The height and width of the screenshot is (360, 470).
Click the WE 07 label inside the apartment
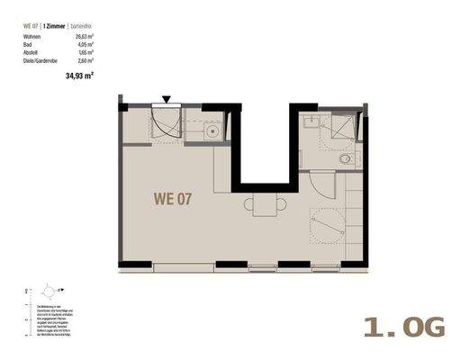coord(171,198)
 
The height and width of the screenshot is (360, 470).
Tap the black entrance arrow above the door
coord(167,100)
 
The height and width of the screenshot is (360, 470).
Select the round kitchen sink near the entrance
coord(213,133)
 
